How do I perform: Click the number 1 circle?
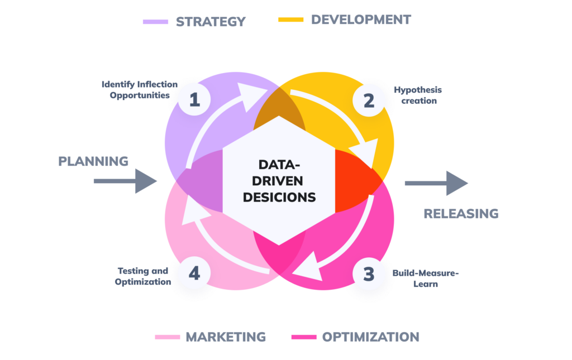tap(194, 100)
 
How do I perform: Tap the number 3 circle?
tap(369, 275)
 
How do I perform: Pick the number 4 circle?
tap(194, 274)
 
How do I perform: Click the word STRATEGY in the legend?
tap(211, 22)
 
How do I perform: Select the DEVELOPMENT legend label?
tap(361, 20)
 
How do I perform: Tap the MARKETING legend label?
tap(226, 337)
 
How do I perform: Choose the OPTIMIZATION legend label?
tap(370, 337)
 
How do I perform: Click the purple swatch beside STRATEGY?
tap(155, 22)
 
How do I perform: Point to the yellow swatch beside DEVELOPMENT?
tap(291, 20)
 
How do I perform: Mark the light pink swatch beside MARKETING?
tap(168, 337)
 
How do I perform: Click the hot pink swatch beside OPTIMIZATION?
tap(304, 337)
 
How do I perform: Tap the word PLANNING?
tap(94, 162)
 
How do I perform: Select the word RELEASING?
tap(461, 214)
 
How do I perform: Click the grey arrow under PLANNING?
tap(125, 181)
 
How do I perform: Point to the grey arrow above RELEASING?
tap(436, 183)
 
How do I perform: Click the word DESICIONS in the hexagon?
tap(279, 197)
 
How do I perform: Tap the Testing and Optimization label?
tap(142, 276)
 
